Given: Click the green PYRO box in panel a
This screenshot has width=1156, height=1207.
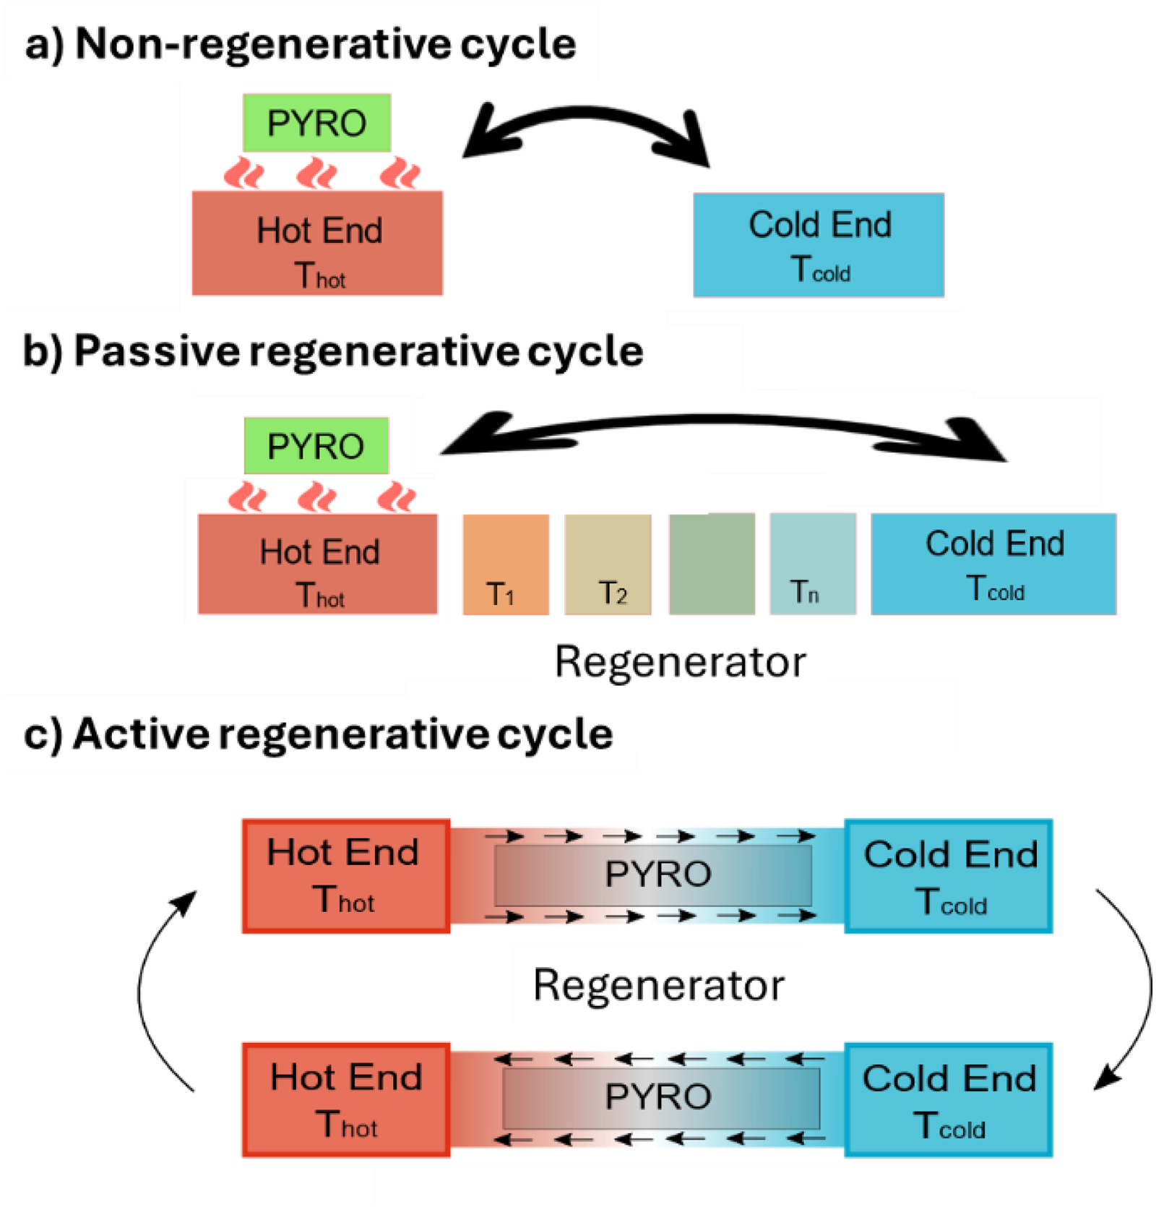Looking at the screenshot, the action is [316, 123].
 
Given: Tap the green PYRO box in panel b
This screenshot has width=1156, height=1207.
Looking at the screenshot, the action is [316, 446].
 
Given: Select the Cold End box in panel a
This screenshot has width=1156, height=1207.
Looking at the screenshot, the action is [819, 245].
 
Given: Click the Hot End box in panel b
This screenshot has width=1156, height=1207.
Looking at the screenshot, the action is [317, 564].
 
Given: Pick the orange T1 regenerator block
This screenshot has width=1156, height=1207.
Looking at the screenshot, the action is [506, 564].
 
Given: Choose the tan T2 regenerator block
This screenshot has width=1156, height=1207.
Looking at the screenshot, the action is [608, 564].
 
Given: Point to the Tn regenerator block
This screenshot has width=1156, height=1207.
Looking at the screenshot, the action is [813, 564].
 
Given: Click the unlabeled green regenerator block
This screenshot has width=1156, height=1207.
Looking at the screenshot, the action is [712, 564].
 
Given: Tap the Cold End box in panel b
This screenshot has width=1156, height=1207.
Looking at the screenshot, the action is [993, 564].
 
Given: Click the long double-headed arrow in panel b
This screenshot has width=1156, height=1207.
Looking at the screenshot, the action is [722, 420].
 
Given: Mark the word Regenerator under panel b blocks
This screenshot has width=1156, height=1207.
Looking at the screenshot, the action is [680, 661].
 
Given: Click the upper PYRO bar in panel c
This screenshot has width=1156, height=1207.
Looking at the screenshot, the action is [653, 875].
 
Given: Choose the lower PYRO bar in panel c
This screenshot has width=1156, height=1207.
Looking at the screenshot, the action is [661, 1098].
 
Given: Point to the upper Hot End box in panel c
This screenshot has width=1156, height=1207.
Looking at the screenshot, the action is [346, 876].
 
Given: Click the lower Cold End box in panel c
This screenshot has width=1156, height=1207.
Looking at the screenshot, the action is [949, 1100].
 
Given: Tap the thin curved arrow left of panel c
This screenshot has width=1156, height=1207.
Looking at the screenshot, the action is [141, 990].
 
